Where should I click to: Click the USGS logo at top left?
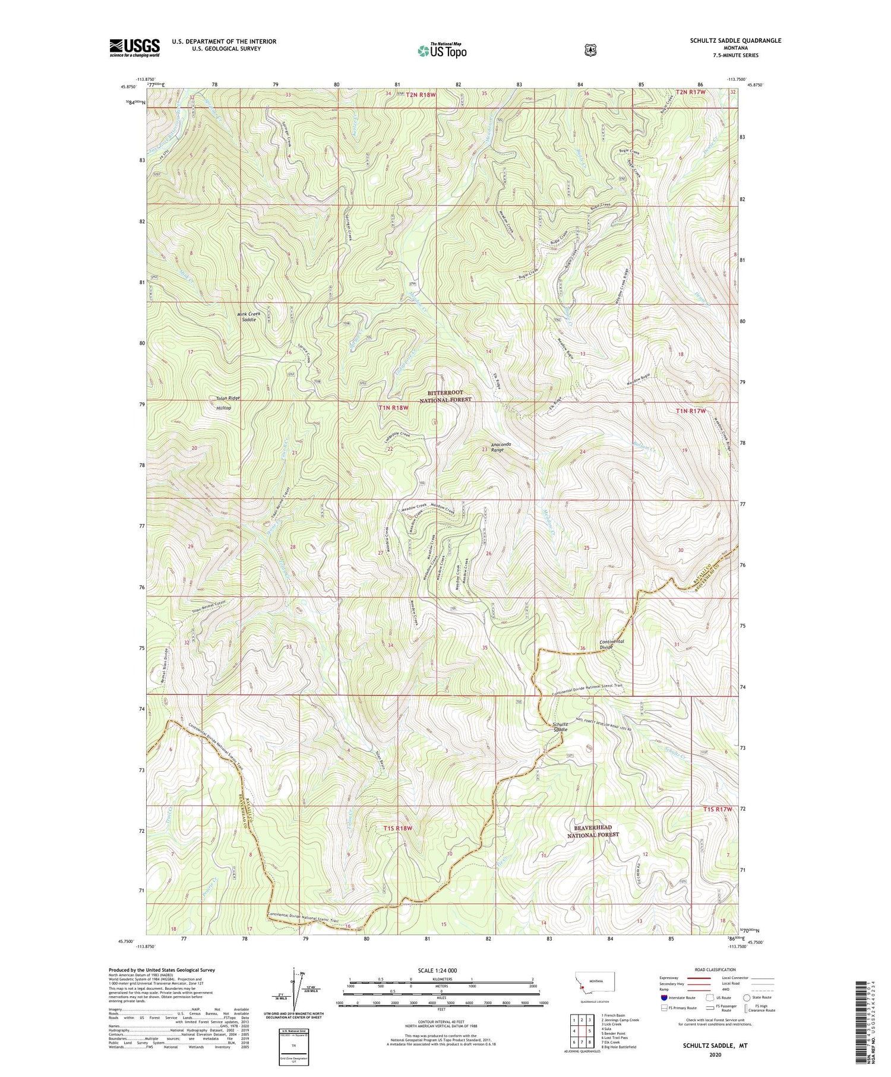coord(135,48)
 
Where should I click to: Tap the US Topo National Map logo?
coord(442,50)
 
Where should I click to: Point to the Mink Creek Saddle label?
coord(241,316)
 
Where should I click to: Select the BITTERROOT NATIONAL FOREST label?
coord(445,396)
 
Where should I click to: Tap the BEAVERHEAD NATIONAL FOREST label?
coord(593,831)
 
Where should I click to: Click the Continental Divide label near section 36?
coord(611,645)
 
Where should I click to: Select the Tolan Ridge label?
coord(223,398)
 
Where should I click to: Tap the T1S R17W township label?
coord(715,809)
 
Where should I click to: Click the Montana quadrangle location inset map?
coord(594,983)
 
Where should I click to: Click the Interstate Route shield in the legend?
coord(663,997)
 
